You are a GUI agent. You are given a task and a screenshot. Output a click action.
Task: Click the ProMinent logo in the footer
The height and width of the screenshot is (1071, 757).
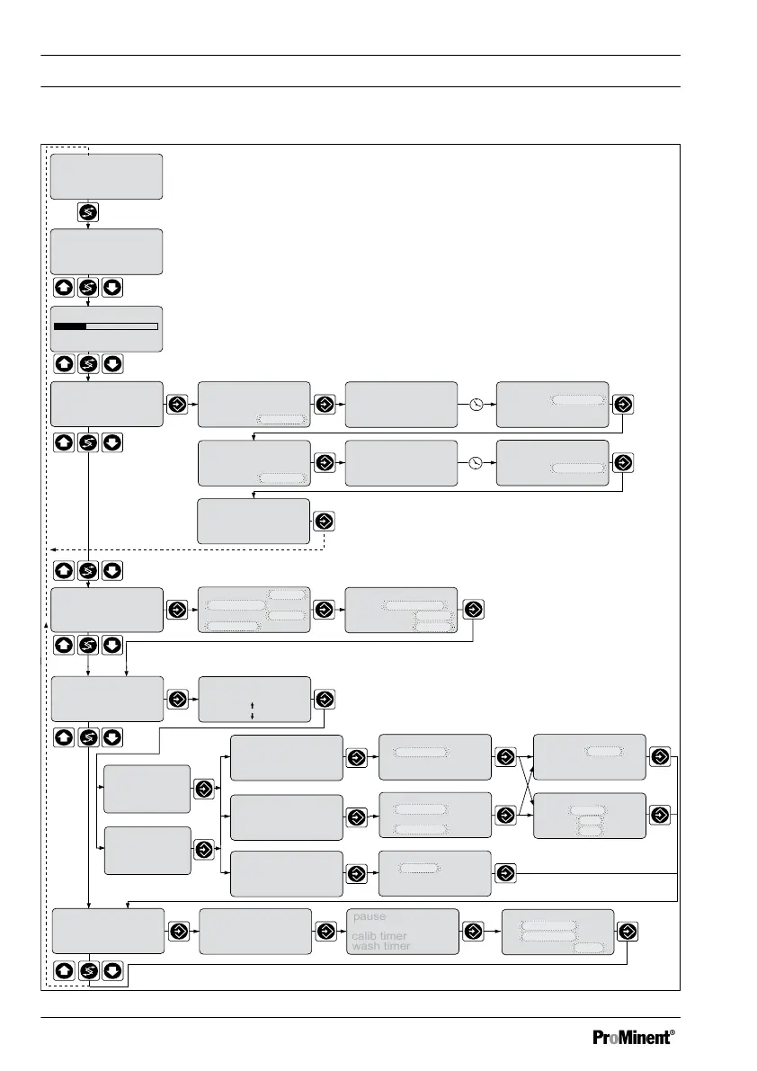[x=631, y=1037]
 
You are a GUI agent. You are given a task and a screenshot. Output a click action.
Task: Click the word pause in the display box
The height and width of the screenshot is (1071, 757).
[x=369, y=916]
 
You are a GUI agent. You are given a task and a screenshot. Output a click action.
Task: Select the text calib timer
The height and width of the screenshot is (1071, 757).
[x=379, y=936]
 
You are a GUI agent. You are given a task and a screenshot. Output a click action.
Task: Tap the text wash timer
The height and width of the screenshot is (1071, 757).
[x=381, y=946]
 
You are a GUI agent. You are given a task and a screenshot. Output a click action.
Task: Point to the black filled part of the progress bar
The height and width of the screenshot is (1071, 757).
[x=69, y=326]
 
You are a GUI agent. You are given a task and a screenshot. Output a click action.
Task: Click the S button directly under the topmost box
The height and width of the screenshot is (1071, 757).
[x=88, y=213]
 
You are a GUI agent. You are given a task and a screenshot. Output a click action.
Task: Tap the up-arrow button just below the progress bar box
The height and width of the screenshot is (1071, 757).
[x=64, y=364]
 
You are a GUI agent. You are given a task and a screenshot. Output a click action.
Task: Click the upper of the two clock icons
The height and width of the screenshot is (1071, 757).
[x=476, y=405]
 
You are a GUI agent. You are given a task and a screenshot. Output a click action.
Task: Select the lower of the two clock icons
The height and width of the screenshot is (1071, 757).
[x=476, y=463]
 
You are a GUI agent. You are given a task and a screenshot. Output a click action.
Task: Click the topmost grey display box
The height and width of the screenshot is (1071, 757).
[x=106, y=175]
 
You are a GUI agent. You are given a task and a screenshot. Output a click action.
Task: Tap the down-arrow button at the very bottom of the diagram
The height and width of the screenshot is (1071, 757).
[x=112, y=971]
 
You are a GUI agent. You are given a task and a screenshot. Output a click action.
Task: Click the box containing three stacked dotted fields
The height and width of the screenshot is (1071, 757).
[x=589, y=816]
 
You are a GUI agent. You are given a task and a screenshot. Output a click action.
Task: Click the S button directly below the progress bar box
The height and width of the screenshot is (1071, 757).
[x=88, y=364]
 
